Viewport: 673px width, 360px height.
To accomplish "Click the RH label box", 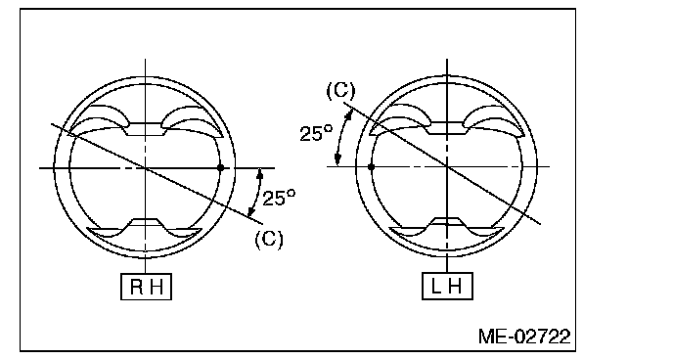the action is click(146, 287).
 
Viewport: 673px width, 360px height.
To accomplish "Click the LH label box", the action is click(448, 286).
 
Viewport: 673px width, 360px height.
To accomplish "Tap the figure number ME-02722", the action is click(524, 337).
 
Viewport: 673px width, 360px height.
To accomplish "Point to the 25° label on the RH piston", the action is click(279, 198).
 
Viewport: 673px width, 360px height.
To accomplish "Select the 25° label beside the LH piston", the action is click(316, 133).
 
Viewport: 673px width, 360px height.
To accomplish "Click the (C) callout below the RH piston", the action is click(269, 239).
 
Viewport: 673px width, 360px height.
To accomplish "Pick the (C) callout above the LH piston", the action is click(340, 91).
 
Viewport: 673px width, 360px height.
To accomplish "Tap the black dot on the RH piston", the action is click(221, 167).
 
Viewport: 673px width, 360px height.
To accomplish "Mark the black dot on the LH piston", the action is click(372, 166).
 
